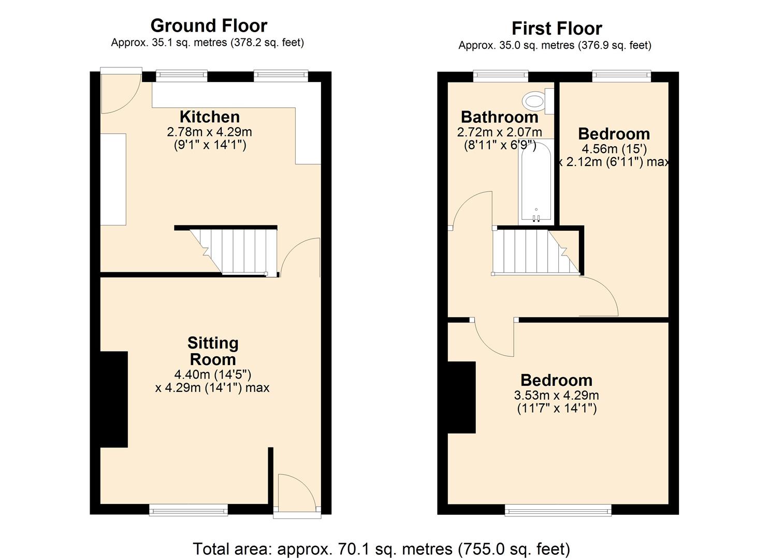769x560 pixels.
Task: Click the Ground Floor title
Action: pos(209,25)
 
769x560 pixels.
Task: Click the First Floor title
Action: pos(557,28)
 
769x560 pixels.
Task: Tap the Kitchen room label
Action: pos(210,117)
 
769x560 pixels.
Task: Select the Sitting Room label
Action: pos(213,351)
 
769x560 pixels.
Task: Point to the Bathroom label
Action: pos(499,117)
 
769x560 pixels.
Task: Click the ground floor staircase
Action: pos(236,251)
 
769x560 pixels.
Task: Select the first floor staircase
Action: pos(533,251)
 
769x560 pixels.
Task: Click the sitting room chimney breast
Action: pos(114,399)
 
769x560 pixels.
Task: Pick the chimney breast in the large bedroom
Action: pos(461,397)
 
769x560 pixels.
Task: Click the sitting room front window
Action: pos(188,510)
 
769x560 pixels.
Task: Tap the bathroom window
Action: pos(501,76)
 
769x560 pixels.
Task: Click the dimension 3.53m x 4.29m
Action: pos(556,396)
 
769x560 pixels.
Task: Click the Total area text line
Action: pos(381,549)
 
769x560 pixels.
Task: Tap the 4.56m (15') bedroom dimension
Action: pos(614,149)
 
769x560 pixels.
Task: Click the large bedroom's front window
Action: pos(558,511)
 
